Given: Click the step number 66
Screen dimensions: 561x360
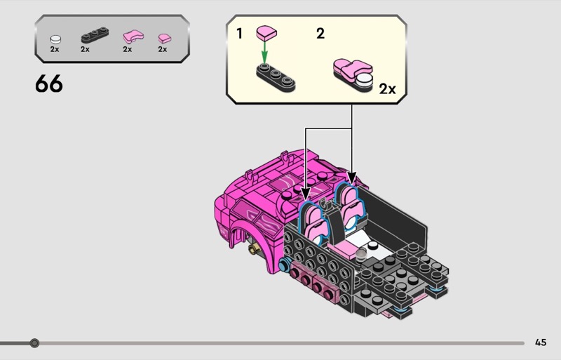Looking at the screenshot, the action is (x=49, y=84).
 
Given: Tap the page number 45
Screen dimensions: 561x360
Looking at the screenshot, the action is (x=541, y=342).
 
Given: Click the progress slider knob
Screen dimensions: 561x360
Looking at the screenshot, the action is (x=34, y=343).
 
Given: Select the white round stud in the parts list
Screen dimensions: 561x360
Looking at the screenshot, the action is (x=55, y=39).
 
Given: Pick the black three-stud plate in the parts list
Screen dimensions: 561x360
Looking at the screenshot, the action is (x=95, y=35).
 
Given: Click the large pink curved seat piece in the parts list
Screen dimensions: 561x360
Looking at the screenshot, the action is (x=133, y=36).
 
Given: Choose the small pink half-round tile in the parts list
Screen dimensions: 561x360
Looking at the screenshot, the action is (x=165, y=39).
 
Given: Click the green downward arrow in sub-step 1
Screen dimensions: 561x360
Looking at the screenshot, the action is (x=264, y=53).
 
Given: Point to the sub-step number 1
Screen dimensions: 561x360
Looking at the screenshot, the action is (x=240, y=34).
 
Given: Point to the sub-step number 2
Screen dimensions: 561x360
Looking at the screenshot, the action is (x=320, y=34).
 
